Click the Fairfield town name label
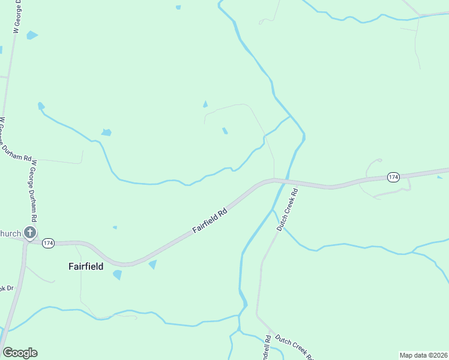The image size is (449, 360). tap(85, 266)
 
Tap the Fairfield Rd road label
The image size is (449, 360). tap(209, 221)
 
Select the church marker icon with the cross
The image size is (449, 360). tap(30, 233)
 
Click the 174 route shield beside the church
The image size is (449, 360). tap(49, 243)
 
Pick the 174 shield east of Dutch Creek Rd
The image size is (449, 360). tap(393, 177)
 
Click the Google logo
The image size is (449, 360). tap(20, 353)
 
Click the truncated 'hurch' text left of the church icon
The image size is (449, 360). tap(10, 233)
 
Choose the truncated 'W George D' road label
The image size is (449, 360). tap(17, 16)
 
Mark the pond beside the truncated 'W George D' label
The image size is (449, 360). tap(31, 35)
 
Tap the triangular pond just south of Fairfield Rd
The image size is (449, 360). tap(152, 264)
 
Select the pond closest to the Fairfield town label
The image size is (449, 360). tap(117, 275)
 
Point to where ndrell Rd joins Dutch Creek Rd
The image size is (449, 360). tap(269, 333)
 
